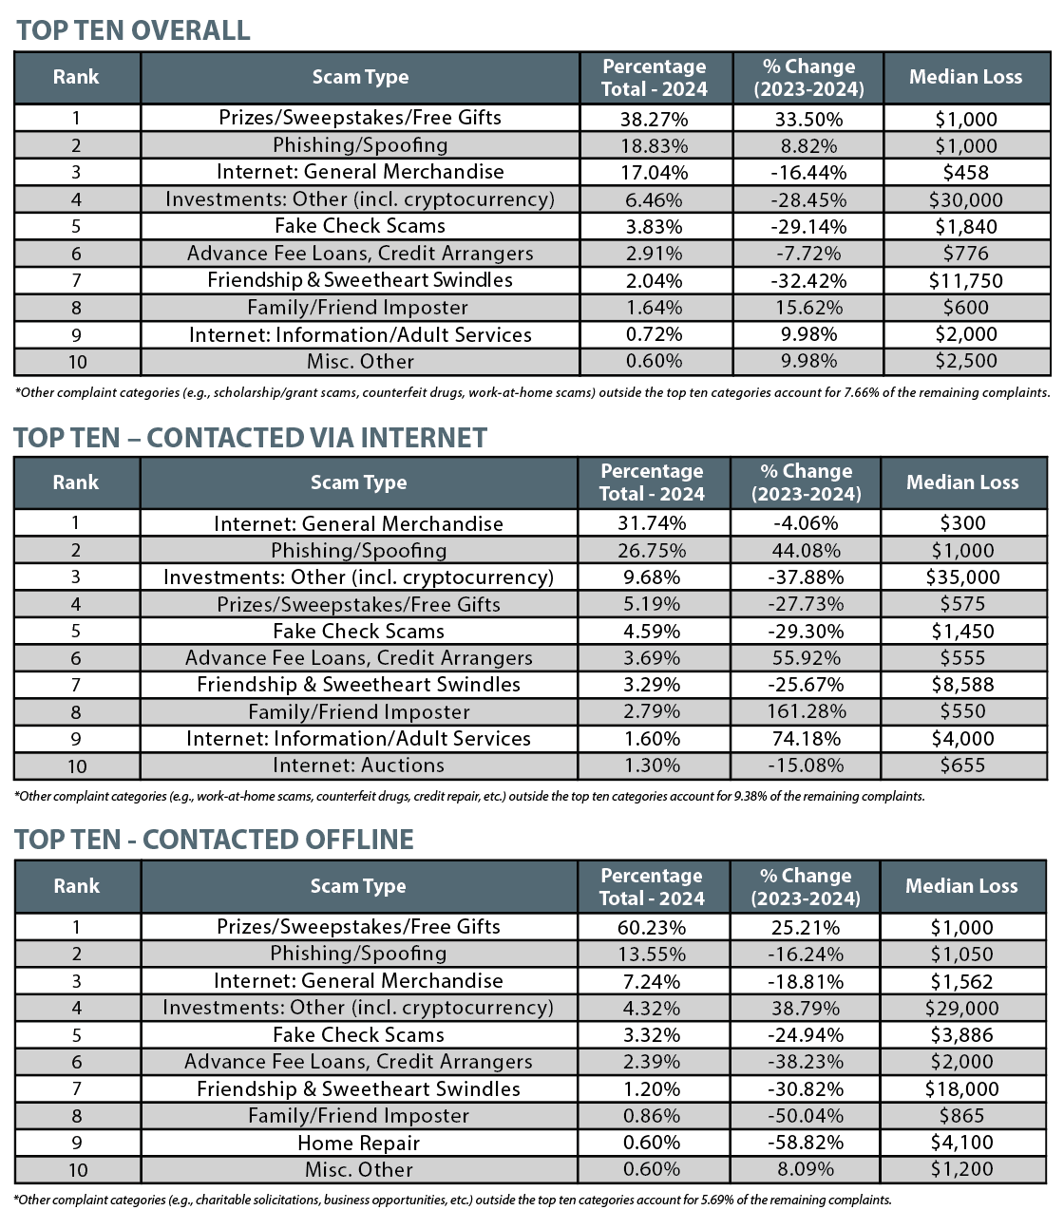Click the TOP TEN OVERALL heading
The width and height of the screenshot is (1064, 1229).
coord(133,30)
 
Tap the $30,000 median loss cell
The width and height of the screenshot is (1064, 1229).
coord(965,199)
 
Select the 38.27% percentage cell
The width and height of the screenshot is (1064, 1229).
coord(655,119)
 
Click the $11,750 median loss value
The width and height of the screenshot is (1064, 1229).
coord(965,281)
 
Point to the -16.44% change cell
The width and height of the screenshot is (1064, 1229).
coord(808,173)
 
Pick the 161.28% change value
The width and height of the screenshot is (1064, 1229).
coord(806,711)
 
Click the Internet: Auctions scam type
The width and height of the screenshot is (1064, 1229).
coord(358,766)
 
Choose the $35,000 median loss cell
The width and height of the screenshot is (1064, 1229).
coord(962,577)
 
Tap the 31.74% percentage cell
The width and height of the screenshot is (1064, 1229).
coord(652,523)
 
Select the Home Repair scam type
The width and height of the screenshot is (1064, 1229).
coord(358,1143)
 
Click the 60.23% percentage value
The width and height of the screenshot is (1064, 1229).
coord(652,927)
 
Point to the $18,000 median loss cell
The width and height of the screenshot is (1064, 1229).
coord(961,1089)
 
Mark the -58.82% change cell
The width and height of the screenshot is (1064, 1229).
coord(806,1143)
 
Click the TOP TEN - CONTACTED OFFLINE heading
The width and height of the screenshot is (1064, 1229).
coord(215,840)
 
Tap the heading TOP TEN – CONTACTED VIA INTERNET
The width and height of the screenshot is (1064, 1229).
coord(251,438)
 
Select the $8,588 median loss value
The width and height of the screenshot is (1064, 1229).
coord(962,685)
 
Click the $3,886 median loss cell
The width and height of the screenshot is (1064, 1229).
coord(961,1035)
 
